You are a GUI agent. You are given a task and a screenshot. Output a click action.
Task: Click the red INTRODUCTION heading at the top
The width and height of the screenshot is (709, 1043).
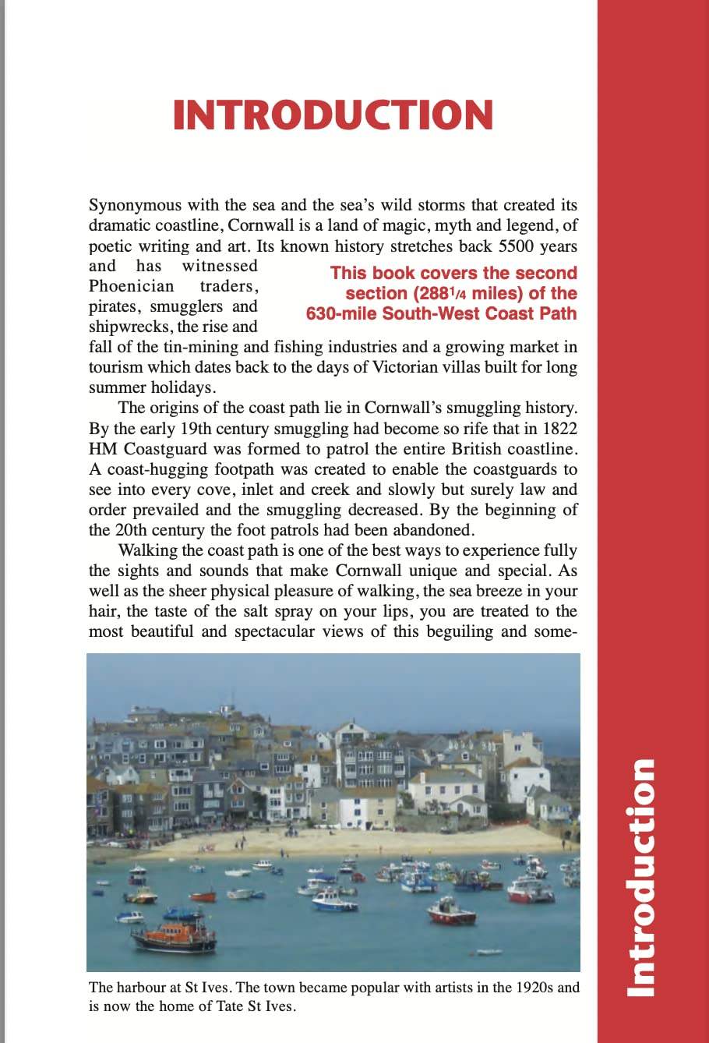click(x=333, y=115)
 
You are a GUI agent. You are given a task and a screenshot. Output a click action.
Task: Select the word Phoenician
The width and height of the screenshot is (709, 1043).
click(x=132, y=286)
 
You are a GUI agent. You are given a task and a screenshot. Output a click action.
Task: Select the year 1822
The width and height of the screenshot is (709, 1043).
click(x=559, y=429)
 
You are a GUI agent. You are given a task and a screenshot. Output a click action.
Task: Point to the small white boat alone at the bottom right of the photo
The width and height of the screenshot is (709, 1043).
click(x=489, y=951)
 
